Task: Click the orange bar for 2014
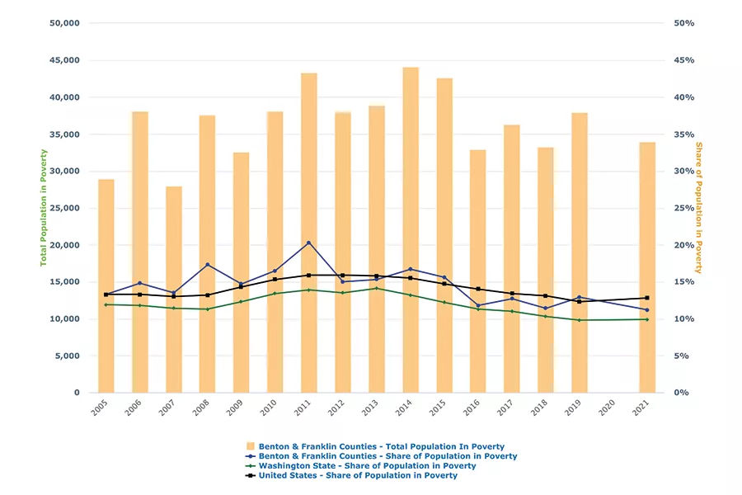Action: click(411, 231)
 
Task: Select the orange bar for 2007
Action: click(174, 289)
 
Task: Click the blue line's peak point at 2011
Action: click(309, 243)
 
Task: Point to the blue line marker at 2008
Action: click(208, 265)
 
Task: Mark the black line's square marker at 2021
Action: click(647, 298)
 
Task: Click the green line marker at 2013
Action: click(377, 288)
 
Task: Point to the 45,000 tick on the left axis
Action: click(63, 60)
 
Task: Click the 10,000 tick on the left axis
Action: click(63, 319)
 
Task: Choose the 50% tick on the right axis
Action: click(684, 23)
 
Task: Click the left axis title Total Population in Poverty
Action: click(44, 207)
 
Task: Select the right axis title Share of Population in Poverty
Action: click(698, 207)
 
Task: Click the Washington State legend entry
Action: click(367, 466)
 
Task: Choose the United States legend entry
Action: click(358, 476)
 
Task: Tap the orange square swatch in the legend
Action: click(251, 446)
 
